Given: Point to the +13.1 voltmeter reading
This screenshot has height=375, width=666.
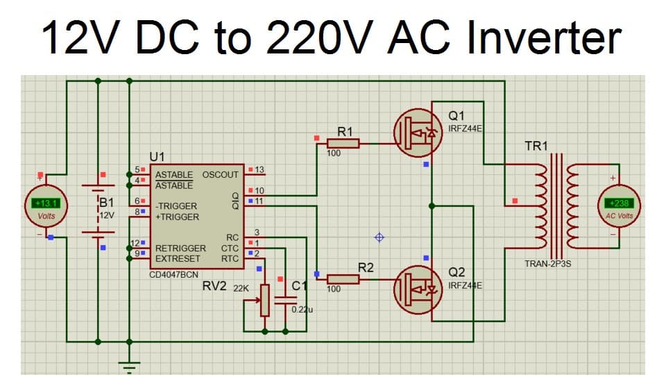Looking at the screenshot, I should click(x=46, y=203).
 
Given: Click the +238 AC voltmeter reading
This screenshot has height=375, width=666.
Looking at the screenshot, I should click(x=620, y=203).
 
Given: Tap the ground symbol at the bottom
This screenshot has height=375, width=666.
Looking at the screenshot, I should click(x=129, y=364).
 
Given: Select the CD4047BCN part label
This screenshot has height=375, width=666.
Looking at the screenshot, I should click(x=173, y=275).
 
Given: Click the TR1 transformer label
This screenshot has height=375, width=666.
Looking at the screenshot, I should click(x=536, y=146).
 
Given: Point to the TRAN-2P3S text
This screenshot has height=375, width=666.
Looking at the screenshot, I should click(x=548, y=264).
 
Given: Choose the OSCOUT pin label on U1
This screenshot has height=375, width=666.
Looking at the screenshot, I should click(x=220, y=174).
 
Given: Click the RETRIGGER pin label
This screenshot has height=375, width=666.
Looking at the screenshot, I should click(x=180, y=248).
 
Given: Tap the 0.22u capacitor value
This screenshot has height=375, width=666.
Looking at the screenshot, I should click(x=303, y=308).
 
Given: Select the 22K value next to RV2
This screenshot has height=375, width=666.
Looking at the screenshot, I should click(x=241, y=287).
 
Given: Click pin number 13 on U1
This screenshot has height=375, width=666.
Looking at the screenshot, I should click(x=259, y=170).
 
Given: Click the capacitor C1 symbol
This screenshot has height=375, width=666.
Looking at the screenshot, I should click(x=285, y=299).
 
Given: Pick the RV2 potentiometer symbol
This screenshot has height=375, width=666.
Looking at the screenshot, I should click(x=264, y=299).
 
